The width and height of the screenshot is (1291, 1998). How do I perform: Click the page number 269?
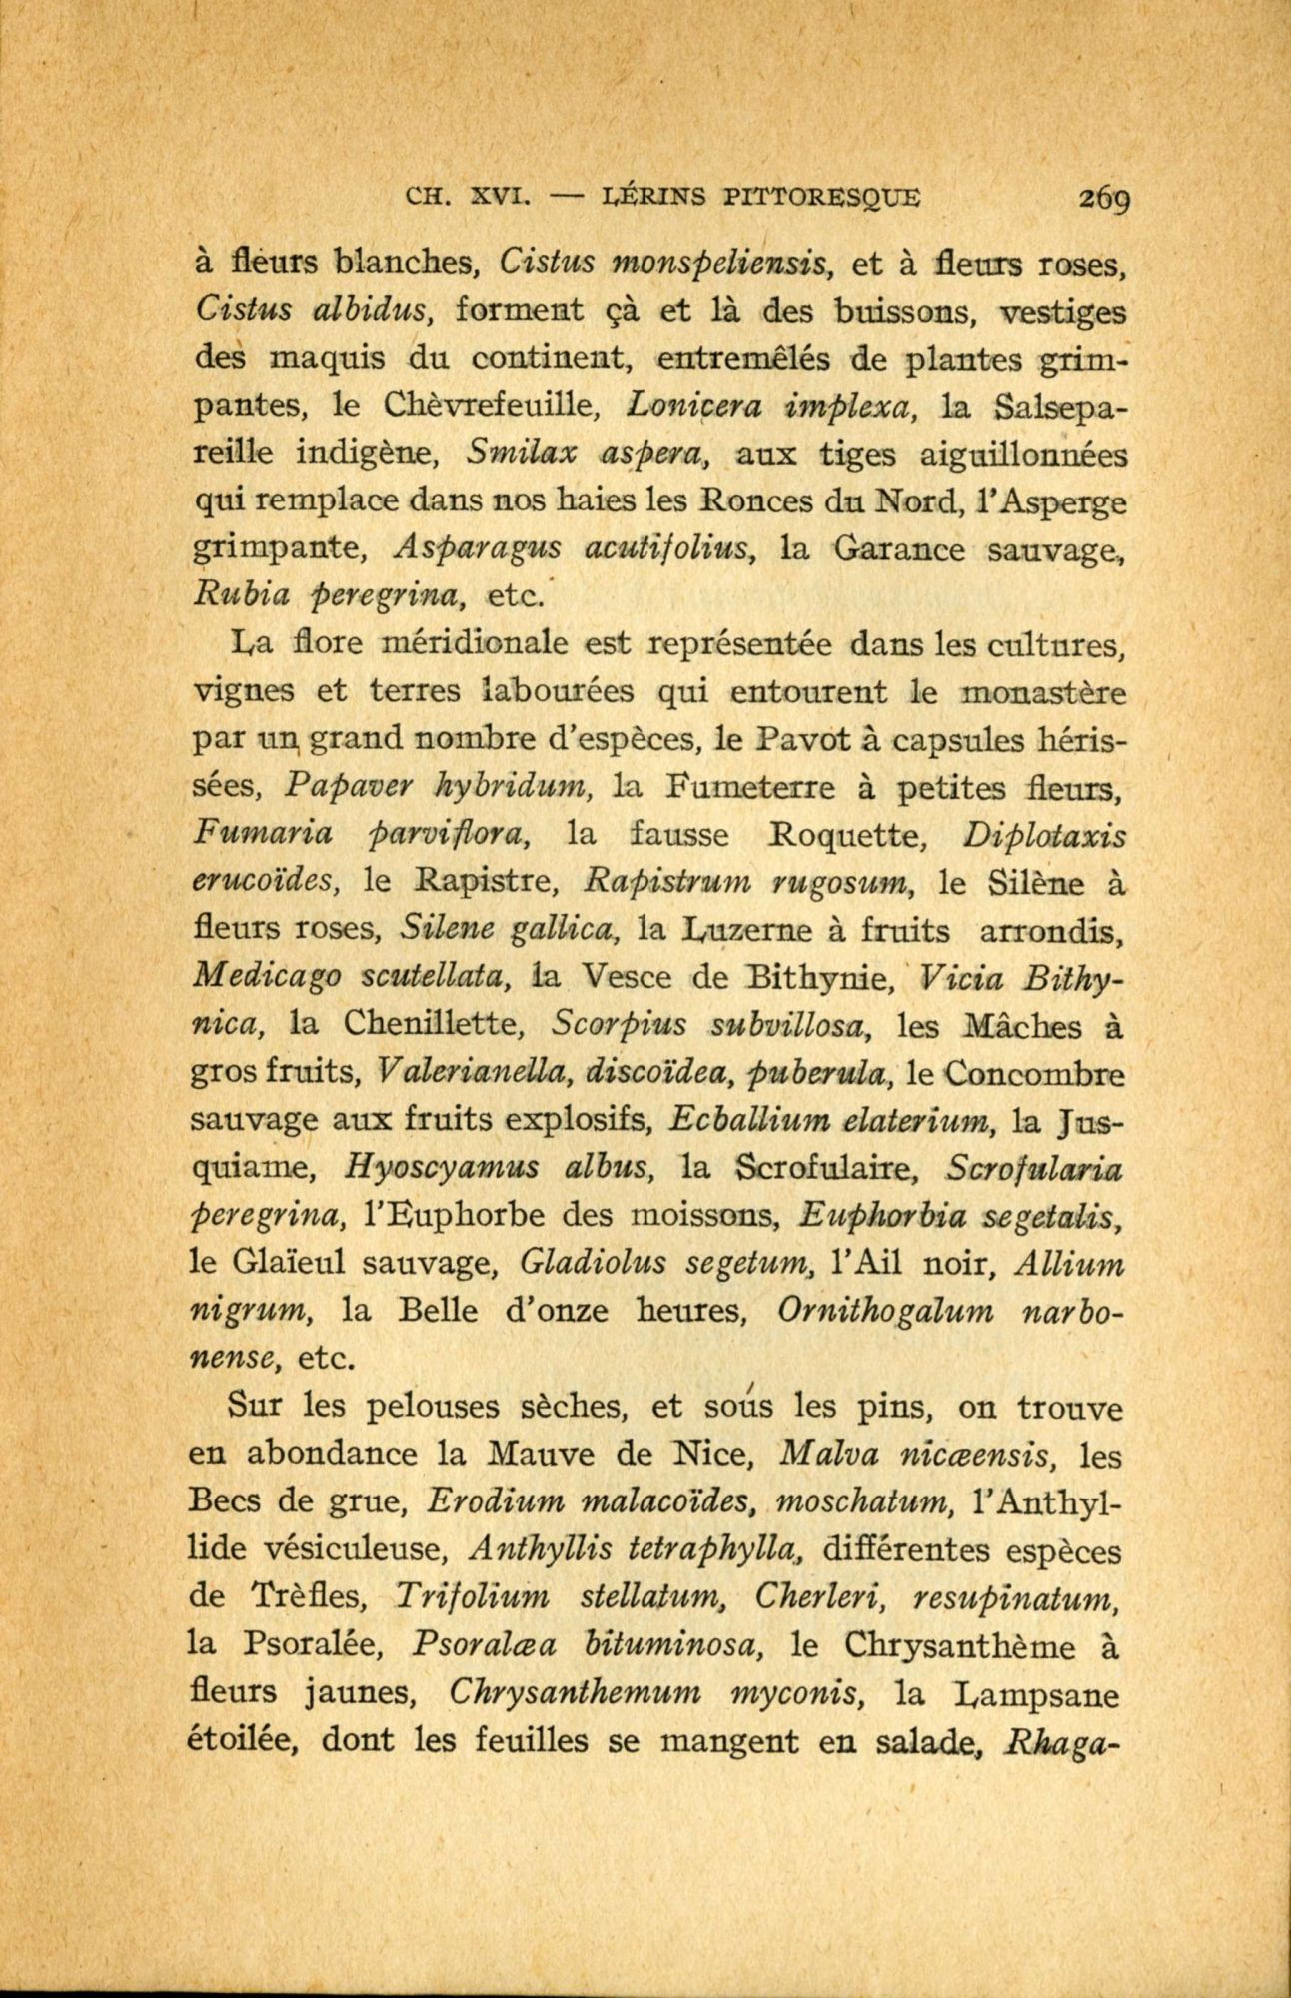coord(1103,199)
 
